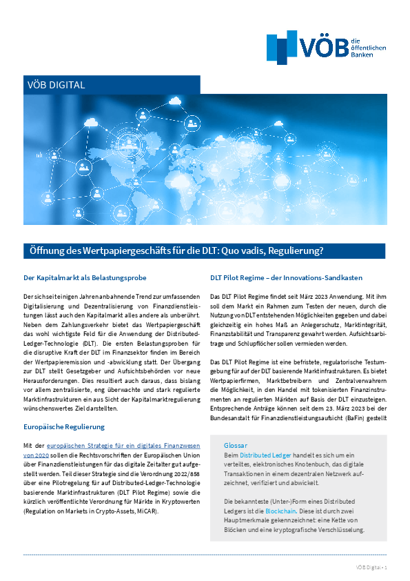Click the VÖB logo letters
[325, 46]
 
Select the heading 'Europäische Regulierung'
[64, 408]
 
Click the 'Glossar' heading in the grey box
[236, 426]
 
